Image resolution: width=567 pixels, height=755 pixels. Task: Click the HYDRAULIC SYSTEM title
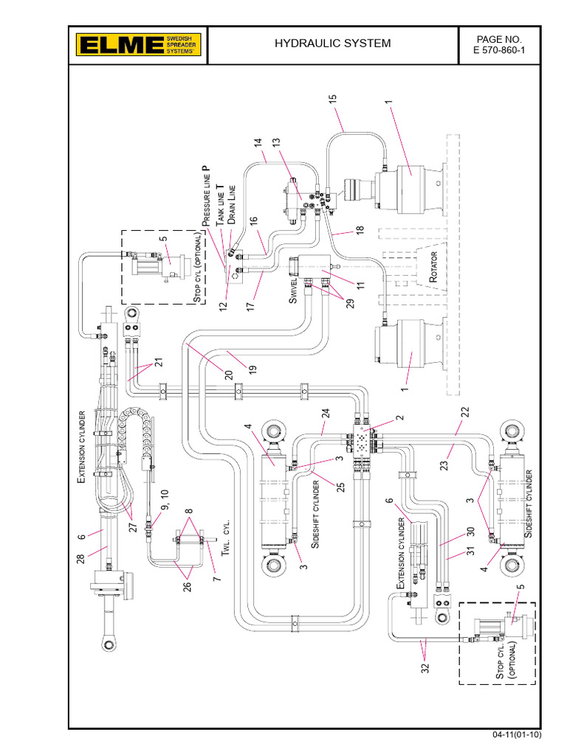pos(332,44)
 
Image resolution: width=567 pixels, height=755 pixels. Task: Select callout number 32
pos(425,673)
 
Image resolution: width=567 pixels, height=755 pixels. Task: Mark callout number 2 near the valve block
pos(399,418)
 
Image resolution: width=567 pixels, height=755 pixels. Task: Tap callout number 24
pos(325,417)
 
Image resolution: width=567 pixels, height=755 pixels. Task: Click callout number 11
pos(340,285)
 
